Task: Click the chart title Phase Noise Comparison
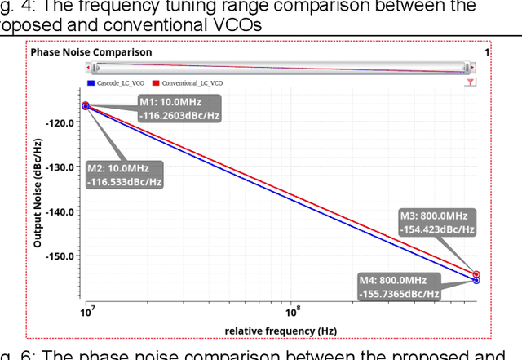coord(91,52)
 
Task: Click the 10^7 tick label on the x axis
coord(85,312)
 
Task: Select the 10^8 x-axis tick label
coord(291,312)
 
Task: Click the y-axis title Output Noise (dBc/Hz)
coord(38,193)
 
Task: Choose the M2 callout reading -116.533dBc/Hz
coord(124,176)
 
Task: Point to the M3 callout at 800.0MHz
coord(437,223)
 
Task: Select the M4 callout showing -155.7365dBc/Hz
coord(399,287)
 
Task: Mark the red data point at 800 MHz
coord(476,275)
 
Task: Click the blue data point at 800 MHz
coord(476,280)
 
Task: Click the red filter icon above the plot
coord(471,83)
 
